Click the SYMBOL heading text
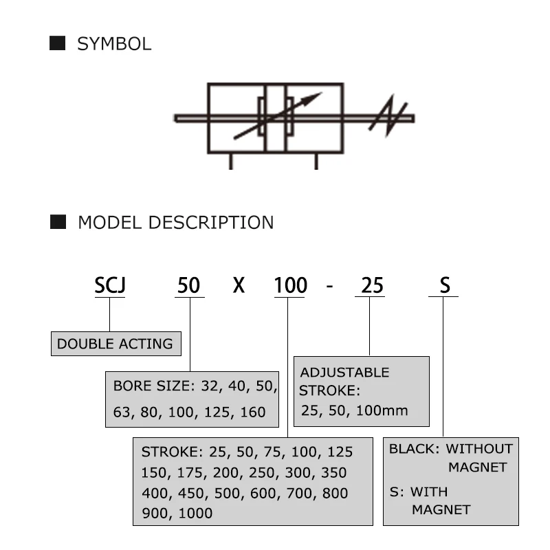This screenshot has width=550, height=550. (113, 45)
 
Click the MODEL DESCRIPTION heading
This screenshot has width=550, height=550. (175, 223)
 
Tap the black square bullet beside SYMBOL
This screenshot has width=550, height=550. (58, 44)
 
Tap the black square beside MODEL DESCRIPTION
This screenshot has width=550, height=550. (58, 222)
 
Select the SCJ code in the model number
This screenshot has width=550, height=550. (110, 284)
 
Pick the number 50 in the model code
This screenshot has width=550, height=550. (189, 284)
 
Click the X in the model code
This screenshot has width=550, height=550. (238, 284)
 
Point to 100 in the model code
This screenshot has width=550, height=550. (290, 284)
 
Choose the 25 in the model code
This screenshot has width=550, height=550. (372, 284)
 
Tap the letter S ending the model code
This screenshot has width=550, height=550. (444, 284)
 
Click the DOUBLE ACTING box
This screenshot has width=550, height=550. (115, 344)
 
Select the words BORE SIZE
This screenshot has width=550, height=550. (151, 386)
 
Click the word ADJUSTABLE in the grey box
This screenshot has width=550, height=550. (344, 373)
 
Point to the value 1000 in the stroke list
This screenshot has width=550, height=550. (196, 513)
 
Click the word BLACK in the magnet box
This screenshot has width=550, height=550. (413, 449)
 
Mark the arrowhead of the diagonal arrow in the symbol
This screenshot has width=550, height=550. (316, 97)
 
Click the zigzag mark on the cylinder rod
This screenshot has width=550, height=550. (388, 118)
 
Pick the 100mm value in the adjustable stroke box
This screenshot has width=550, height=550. (387, 411)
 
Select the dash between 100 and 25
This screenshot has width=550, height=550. (330, 285)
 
